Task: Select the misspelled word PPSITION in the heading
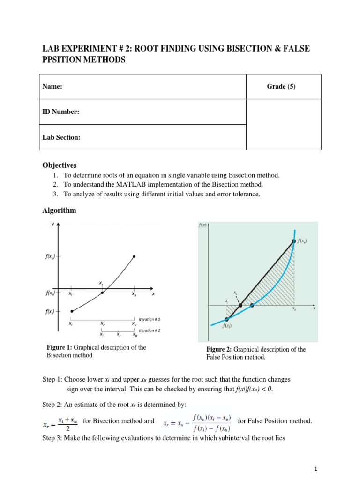tap(63, 60)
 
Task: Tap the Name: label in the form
tap(52, 87)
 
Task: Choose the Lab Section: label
tap(61, 137)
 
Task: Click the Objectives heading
tap(60, 165)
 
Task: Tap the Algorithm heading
tap(59, 210)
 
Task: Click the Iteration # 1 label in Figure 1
tap(150, 319)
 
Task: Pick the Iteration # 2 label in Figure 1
tap(150, 330)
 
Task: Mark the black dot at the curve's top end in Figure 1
tap(134, 256)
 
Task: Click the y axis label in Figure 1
tap(52, 225)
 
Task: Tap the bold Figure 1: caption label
tap(60, 347)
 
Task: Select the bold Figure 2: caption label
tap(219, 349)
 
